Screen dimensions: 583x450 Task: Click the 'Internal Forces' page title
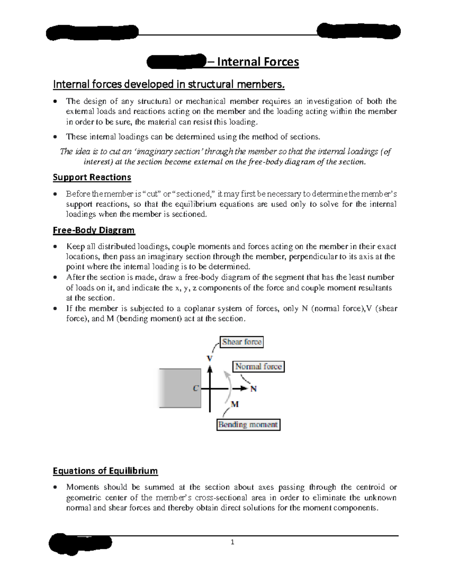(x=258, y=62)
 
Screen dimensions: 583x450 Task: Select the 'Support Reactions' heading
(x=92, y=177)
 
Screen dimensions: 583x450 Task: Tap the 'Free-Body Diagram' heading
(x=94, y=230)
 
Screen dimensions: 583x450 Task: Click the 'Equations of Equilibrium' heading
(x=105, y=471)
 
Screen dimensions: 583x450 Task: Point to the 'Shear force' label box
(x=241, y=342)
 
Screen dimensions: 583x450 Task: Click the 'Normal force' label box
(x=258, y=366)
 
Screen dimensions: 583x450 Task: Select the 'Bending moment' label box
(x=248, y=425)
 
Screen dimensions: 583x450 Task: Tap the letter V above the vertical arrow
(x=210, y=358)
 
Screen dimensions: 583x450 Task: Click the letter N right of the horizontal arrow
(x=253, y=389)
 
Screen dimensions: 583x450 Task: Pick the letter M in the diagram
(x=235, y=404)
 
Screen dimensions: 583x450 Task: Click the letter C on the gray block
(x=195, y=389)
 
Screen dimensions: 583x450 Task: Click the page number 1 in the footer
(x=232, y=542)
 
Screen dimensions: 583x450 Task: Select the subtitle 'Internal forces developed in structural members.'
(x=169, y=84)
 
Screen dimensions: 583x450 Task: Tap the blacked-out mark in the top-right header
(x=358, y=31)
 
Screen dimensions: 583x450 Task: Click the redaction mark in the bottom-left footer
(x=81, y=543)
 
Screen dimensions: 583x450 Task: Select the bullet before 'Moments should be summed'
(x=55, y=488)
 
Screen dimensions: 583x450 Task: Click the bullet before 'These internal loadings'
(x=55, y=137)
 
